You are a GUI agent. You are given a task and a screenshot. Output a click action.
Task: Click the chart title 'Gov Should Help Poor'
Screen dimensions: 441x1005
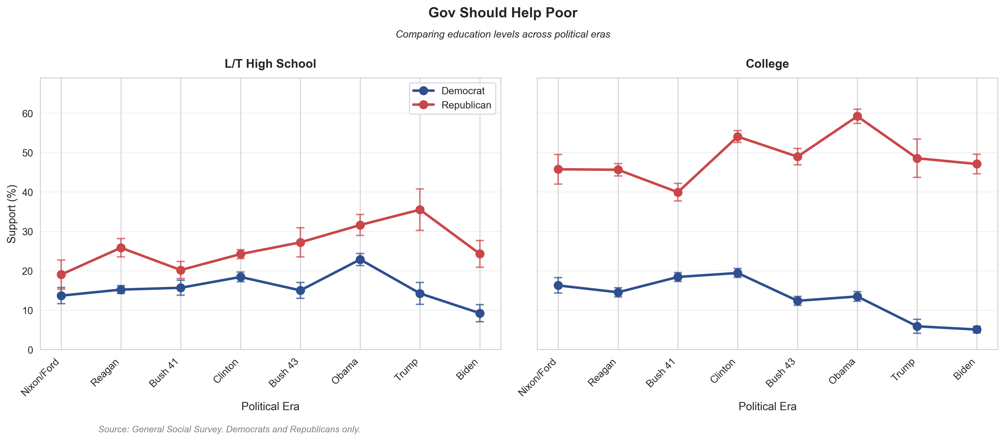click(x=502, y=13)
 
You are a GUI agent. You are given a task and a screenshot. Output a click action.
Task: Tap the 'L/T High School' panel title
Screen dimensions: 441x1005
click(x=270, y=64)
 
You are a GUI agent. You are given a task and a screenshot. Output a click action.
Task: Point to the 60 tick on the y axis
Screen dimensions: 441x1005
click(x=27, y=114)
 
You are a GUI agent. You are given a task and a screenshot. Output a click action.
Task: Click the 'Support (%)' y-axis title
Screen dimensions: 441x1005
click(x=12, y=214)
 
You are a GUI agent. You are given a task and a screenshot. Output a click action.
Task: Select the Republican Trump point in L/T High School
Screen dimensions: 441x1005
click(x=420, y=210)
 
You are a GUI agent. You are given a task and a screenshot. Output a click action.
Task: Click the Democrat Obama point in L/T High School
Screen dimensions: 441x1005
click(x=360, y=260)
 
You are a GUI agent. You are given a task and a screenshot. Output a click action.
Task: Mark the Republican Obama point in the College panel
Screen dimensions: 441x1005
click(x=857, y=116)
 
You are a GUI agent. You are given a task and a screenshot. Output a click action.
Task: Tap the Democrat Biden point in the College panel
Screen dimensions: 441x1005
click(x=977, y=329)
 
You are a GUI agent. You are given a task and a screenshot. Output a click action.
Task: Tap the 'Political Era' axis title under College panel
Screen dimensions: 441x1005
click(x=767, y=406)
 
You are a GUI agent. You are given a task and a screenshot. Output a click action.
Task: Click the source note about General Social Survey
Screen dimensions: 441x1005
click(x=229, y=429)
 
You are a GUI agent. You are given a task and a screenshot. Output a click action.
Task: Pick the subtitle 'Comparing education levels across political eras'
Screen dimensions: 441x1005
click(x=502, y=34)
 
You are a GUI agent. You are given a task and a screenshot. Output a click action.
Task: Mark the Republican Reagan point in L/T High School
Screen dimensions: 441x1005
click(x=121, y=248)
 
